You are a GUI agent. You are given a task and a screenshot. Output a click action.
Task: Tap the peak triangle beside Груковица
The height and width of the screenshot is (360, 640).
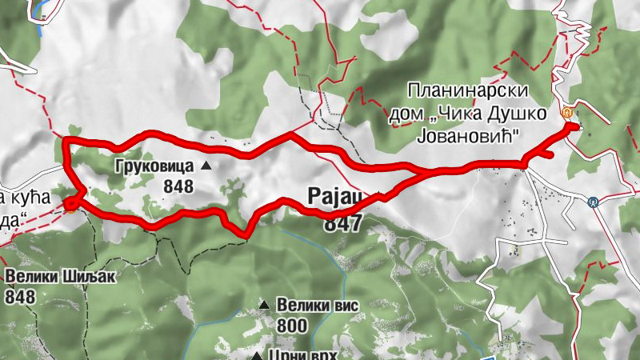click(206, 166)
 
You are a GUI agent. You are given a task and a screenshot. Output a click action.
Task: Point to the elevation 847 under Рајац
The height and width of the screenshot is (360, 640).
click(342, 225)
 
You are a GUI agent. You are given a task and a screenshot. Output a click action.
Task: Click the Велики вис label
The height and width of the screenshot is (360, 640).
click(317, 305)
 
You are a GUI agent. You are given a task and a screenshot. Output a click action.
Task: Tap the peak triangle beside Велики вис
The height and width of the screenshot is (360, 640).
click(264, 305)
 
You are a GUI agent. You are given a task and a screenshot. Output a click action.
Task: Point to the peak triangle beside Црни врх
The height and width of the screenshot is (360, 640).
click(256, 356)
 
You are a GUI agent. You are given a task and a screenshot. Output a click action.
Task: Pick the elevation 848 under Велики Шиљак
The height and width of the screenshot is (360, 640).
click(20, 297)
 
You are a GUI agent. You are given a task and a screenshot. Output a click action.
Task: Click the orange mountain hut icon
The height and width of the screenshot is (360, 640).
click(567, 113)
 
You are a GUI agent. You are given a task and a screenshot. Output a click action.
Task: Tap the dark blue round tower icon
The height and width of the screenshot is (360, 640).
click(593, 202)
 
